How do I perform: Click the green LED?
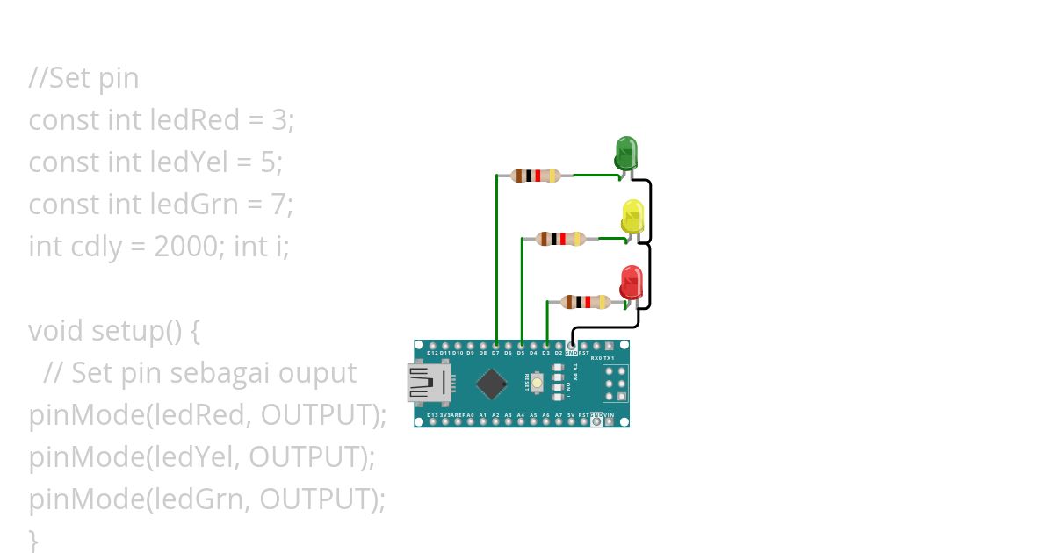(625, 153)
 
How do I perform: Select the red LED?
(631, 282)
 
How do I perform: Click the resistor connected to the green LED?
(536, 176)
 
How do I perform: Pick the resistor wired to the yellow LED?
(561, 238)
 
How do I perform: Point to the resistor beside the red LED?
(586, 303)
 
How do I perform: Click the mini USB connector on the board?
(428, 384)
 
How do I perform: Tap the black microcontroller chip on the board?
(491, 383)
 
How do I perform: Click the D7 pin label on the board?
(496, 353)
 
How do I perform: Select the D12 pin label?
(432, 353)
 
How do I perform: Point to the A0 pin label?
(470, 414)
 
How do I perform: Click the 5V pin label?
(571, 414)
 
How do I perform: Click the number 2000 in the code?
(184, 247)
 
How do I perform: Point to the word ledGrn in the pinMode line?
(193, 499)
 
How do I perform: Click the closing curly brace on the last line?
(33, 538)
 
